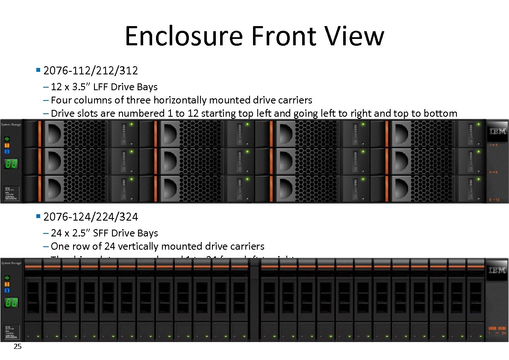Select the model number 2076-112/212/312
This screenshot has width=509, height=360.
pos(91,70)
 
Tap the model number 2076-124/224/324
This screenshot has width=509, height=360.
pos(91,217)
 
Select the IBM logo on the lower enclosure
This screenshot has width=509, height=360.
pos(497,270)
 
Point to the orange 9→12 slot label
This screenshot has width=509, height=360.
pos(494,200)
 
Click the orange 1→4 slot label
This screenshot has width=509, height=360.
pos(493,145)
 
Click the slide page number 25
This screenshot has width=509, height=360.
pos(18,347)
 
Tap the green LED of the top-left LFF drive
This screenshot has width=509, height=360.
pos(132,124)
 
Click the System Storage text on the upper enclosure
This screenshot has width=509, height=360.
pos(11,124)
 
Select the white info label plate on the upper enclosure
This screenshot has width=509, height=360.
pos(11,191)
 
